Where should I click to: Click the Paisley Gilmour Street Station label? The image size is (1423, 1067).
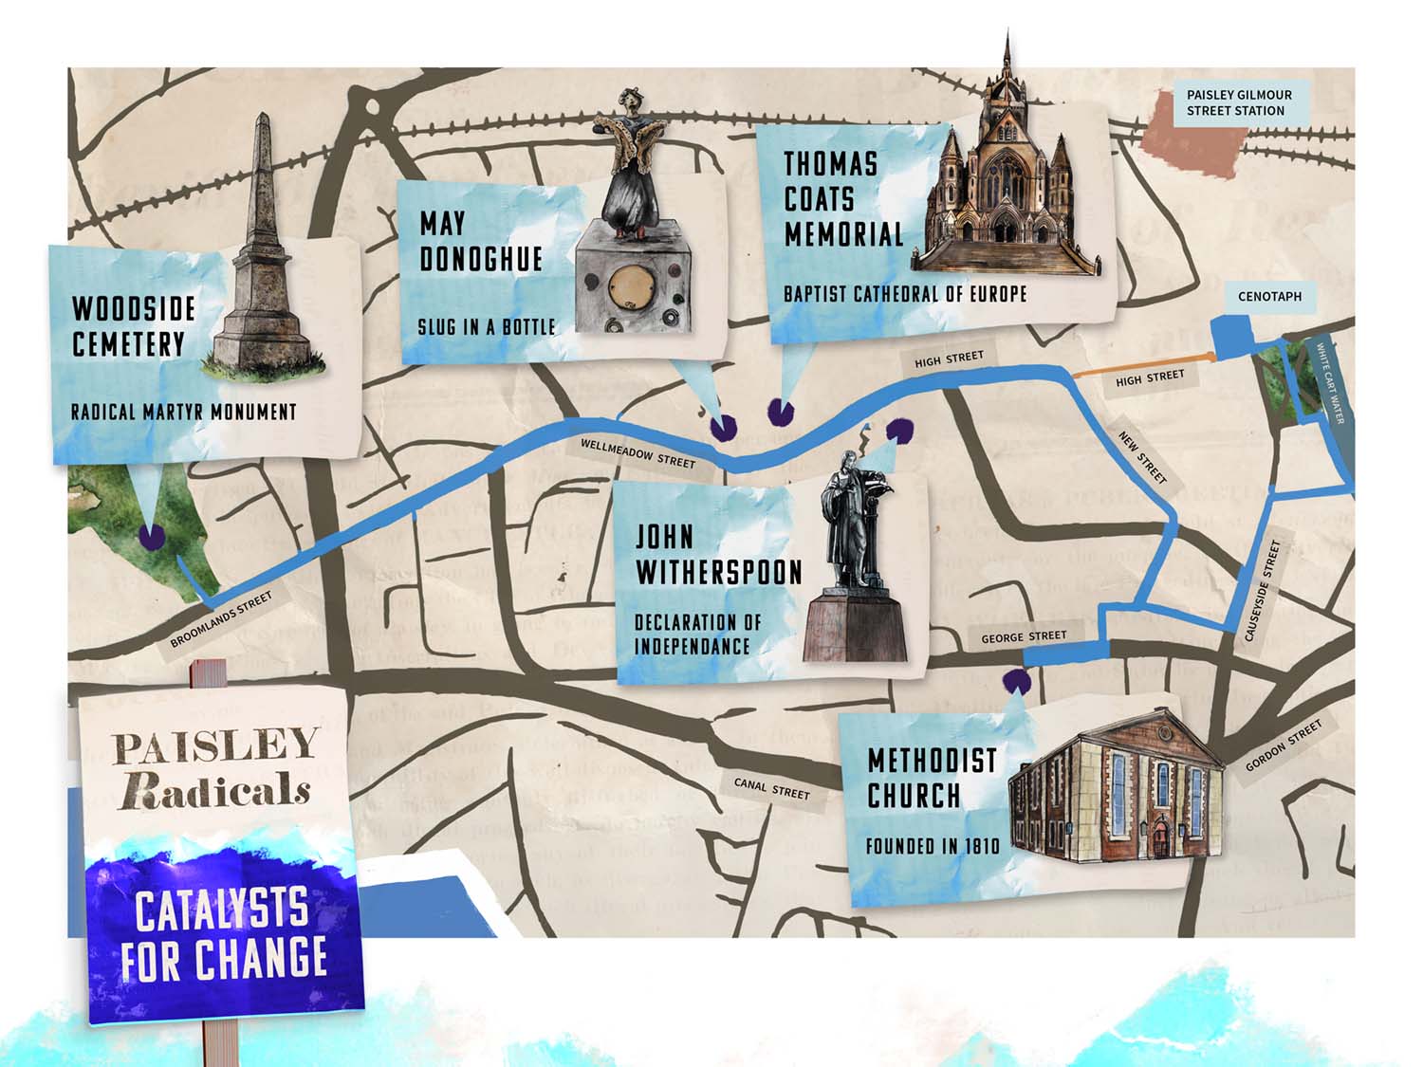(1238, 102)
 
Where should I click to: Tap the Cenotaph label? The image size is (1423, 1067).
(1269, 296)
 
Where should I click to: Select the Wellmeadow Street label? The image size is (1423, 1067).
(638, 453)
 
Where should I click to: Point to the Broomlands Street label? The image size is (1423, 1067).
(221, 619)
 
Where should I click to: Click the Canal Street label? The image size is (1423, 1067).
(772, 788)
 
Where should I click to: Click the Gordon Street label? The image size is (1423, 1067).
(1283, 745)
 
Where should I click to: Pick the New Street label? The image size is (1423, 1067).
(1142, 458)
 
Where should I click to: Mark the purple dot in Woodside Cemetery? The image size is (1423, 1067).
(150, 538)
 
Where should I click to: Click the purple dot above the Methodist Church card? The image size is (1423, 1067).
(1016, 680)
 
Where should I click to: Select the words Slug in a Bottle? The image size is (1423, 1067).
(487, 327)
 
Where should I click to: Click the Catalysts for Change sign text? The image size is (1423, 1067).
(224, 935)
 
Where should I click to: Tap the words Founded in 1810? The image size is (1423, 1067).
(933, 845)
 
